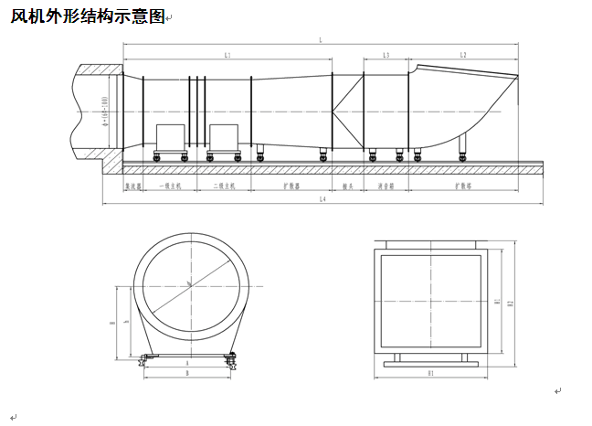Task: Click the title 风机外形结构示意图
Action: [88, 17]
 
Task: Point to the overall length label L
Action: [321, 40]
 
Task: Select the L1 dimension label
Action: [227, 57]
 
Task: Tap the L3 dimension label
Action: [386, 57]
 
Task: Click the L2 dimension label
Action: [464, 57]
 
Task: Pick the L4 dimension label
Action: [320, 199]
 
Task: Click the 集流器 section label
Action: [132, 185]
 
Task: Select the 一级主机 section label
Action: [171, 185]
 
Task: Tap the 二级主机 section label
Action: [224, 185]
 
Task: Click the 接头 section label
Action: [347, 185]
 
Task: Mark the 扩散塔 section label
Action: [464, 185]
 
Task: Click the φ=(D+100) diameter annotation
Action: [107, 111]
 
